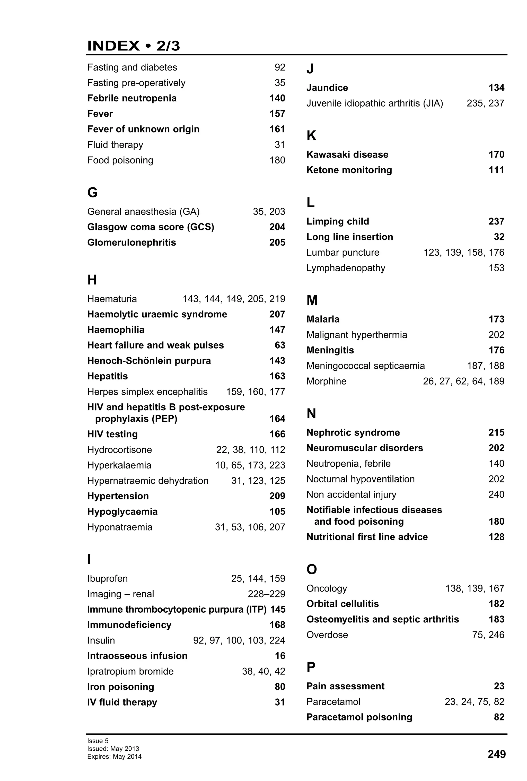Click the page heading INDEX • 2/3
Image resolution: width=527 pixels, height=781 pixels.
133,46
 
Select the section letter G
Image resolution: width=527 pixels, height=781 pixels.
92,193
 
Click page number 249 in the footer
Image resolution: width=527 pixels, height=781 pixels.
496,754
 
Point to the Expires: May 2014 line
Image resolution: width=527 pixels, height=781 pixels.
114,757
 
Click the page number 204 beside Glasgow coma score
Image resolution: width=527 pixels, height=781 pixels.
277,227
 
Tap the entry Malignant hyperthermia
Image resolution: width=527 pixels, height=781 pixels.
356,335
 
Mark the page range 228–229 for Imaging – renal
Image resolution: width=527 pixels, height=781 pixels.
266,594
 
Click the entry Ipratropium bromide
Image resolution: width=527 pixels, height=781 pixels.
130,671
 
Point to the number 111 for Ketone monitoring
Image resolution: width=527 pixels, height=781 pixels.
496,170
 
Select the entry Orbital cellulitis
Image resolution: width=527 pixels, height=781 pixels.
342,604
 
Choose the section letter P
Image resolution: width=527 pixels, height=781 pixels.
311,667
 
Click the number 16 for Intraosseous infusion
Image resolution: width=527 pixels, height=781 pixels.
280,656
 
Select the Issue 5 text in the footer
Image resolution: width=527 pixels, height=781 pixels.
98,741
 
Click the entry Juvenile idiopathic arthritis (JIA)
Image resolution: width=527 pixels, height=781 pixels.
374,103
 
